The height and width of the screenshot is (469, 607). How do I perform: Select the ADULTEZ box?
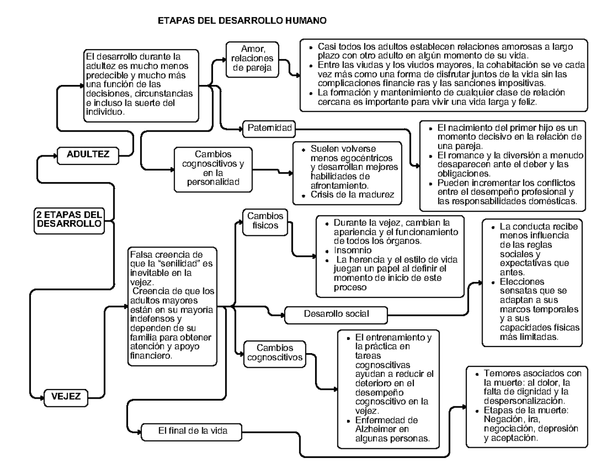coord(88,154)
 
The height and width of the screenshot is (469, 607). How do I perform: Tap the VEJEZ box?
coord(66,396)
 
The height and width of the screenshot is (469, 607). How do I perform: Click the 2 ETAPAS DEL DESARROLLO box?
coord(69,219)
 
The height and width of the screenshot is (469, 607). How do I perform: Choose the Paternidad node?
coord(270,128)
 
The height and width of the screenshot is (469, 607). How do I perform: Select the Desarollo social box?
coord(336,314)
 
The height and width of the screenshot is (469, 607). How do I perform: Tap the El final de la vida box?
coord(193,431)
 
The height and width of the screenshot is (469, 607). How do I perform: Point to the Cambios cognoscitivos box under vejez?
coord(275,353)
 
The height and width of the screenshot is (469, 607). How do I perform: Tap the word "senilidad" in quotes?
coord(172,263)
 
